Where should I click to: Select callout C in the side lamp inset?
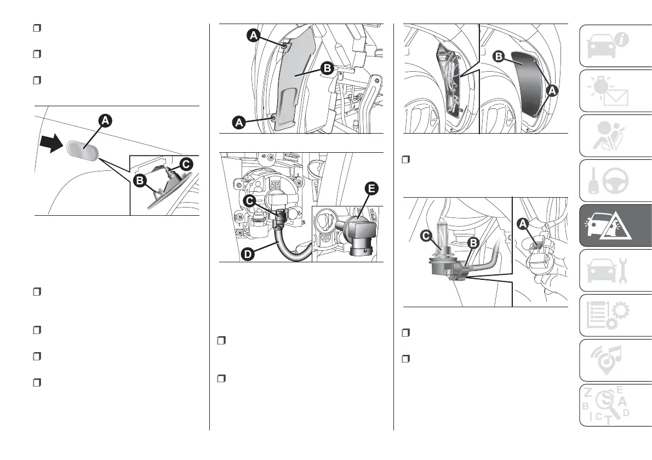(186, 163)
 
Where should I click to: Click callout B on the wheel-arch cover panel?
(327, 68)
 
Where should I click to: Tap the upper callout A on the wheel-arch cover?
(253, 35)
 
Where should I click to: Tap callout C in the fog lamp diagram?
(250, 202)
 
